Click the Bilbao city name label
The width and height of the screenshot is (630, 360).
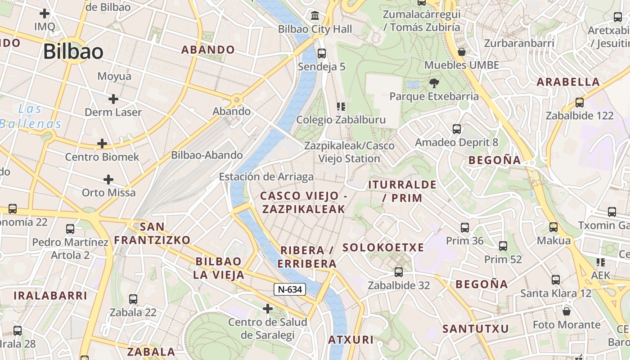click(73, 52)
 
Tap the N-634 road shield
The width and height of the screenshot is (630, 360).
click(290, 289)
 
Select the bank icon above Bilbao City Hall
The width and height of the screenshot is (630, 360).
click(315, 16)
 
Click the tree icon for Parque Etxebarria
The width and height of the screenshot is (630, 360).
click(434, 83)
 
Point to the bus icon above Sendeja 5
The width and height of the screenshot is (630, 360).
click(322, 54)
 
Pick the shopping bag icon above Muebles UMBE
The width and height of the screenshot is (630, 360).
click(461, 52)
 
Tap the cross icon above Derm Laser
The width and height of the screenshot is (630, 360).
click(113, 99)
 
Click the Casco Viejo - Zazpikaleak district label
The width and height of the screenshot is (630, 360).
click(304, 202)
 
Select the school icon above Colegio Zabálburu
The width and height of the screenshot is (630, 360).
click(341, 107)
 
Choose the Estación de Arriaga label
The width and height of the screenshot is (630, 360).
click(266, 177)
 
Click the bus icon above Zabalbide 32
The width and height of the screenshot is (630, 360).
click(399, 272)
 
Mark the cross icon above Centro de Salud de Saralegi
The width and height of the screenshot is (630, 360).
click(268, 309)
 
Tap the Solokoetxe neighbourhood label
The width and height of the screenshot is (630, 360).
click(383, 247)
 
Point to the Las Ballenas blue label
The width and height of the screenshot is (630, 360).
click(31, 116)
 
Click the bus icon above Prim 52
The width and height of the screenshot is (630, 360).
click(503, 246)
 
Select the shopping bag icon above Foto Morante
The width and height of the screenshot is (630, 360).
click(567, 311)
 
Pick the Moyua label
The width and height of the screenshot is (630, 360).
click(114, 76)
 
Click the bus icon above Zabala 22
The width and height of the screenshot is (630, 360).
click(133, 299)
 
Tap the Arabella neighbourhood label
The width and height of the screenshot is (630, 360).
click(568, 82)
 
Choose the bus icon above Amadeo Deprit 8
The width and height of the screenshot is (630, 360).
click(457, 129)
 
